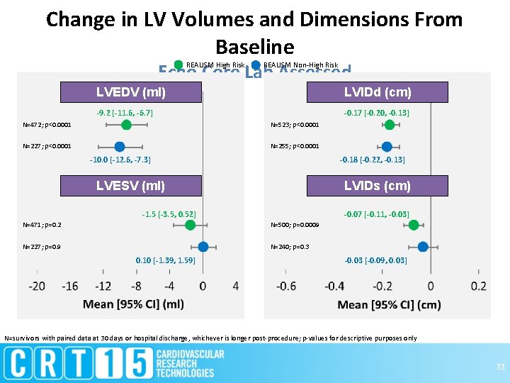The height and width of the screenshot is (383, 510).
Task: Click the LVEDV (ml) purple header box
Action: (x=131, y=92)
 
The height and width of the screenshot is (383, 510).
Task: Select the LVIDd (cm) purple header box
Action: (x=378, y=92)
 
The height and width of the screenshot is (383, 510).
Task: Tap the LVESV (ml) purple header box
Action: (x=131, y=186)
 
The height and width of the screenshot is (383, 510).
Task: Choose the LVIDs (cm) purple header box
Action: (x=378, y=186)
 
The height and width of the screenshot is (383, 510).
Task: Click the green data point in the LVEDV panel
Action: (x=126, y=125)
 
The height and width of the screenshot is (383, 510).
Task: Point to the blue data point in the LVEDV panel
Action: (x=120, y=146)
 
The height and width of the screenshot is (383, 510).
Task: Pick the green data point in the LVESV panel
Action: (x=190, y=225)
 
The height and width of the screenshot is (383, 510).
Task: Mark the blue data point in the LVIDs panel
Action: (x=424, y=247)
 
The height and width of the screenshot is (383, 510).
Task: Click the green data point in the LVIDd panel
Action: (x=390, y=125)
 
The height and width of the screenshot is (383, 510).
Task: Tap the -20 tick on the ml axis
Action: (x=37, y=286)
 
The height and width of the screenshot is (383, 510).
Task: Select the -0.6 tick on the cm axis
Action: (x=286, y=286)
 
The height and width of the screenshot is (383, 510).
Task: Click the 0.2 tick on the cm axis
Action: (x=479, y=286)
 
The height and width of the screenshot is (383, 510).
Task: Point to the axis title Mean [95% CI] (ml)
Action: (x=133, y=304)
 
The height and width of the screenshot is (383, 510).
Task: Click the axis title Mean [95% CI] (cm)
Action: (x=389, y=304)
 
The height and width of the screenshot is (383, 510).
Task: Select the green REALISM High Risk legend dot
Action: (x=178, y=65)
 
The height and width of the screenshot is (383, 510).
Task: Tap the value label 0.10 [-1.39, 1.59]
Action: (x=165, y=260)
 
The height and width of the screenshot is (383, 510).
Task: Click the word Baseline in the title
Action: (x=254, y=48)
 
